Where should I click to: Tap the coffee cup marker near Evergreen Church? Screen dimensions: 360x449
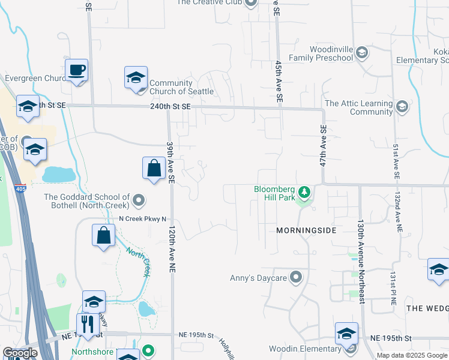point(77,71)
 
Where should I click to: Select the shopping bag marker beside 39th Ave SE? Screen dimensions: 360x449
point(154,168)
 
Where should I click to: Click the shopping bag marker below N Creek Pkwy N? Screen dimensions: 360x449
point(104,235)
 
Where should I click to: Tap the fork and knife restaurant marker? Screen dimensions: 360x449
point(88,324)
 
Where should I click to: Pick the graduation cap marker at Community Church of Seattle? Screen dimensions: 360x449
point(136,78)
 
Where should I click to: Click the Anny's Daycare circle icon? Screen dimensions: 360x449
point(295,278)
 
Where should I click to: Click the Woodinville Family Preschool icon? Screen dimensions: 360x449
point(361,53)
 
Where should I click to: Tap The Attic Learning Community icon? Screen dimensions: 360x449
point(402,107)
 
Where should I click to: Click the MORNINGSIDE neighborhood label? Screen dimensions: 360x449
point(306,230)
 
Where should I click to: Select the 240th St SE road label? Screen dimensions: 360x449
point(170,106)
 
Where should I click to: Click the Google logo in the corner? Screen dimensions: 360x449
point(19,353)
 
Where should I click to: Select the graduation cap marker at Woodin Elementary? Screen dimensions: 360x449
point(347,334)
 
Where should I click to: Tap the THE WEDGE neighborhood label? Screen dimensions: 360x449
point(427,308)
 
